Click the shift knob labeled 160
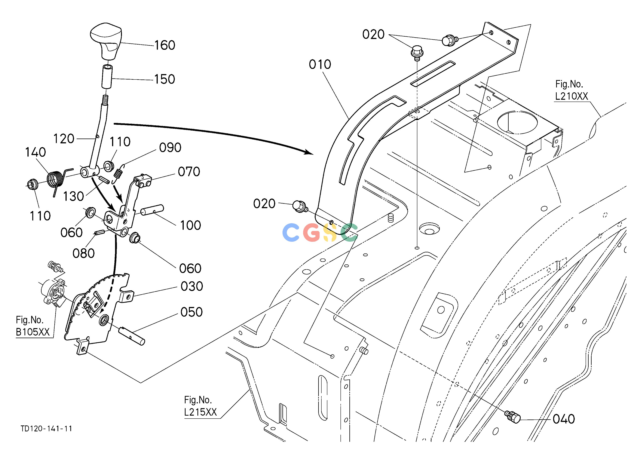[x=106, y=41]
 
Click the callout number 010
[x=320, y=64]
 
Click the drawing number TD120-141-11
[x=46, y=429]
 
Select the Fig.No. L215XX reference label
[x=200, y=406]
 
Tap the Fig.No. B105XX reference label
[x=33, y=326]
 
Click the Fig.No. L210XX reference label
[x=571, y=90]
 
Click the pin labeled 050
[x=132, y=336]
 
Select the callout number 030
[x=192, y=286]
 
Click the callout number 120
[x=64, y=139]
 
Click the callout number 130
[x=73, y=196]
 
